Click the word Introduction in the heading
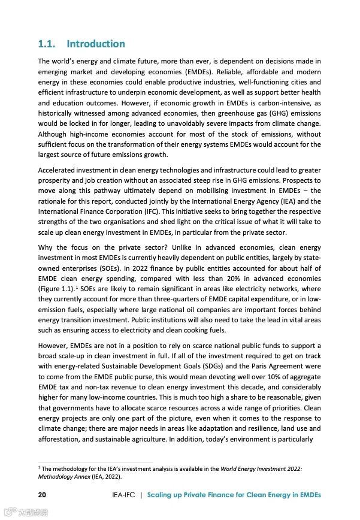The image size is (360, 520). tap(96, 44)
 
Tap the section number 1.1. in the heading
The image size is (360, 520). tap(48, 44)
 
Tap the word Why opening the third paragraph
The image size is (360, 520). tap(46, 247)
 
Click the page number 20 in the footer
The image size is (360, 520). tap(43, 495)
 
